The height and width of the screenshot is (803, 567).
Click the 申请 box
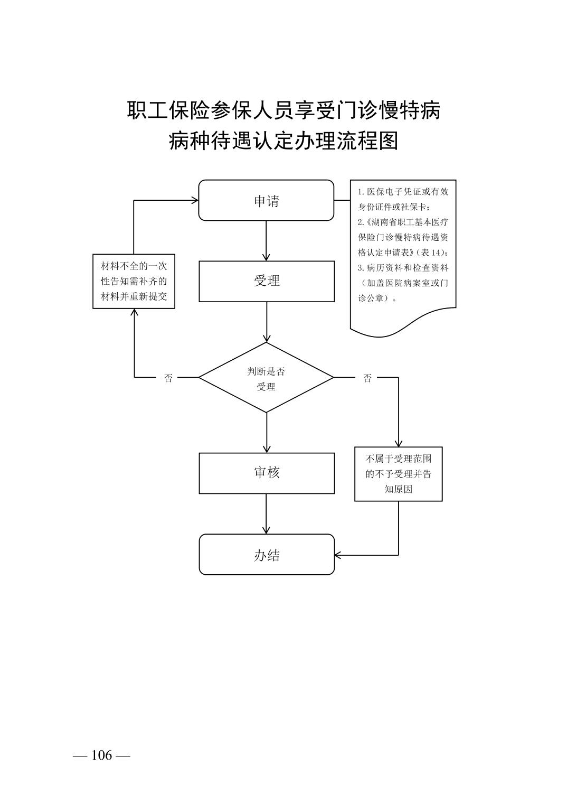pyautogui.click(x=266, y=200)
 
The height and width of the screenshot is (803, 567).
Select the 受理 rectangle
pyautogui.click(x=266, y=281)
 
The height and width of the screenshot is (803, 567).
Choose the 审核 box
pyautogui.click(x=266, y=473)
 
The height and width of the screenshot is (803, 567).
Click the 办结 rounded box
pyautogui.click(x=266, y=555)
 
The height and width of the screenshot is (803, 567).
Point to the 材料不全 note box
pyautogui.click(x=134, y=282)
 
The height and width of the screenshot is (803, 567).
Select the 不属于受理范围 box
pyautogui.click(x=398, y=474)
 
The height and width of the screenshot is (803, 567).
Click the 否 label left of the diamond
pyautogui.click(x=168, y=378)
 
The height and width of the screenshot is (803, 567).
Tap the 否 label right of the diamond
pyautogui.click(x=367, y=378)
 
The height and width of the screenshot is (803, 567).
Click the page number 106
pyautogui.click(x=102, y=755)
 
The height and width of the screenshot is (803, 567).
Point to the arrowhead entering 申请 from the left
pyautogui.click(x=195, y=200)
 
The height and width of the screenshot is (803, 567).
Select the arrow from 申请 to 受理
pyautogui.click(x=266, y=240)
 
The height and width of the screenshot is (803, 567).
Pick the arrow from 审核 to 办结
pyautogui.click(x=266, y=513)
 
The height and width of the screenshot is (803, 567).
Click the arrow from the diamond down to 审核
pyautogui.click(x=266, y=432)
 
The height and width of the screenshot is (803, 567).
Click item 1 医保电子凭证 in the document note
pyautogui.click(x=403, y=192)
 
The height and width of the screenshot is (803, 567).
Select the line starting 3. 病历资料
pyautogui.click(x=403, y=268)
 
